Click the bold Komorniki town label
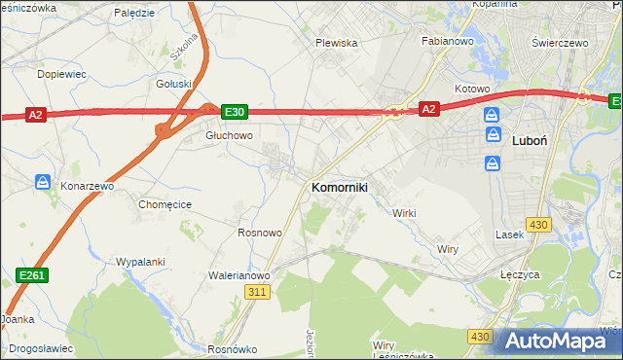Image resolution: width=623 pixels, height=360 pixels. point(339,187)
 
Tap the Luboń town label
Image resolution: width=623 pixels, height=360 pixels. point(529,140)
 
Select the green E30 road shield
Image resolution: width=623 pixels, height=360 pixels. point(234,112)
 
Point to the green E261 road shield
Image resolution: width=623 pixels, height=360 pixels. point(32,276)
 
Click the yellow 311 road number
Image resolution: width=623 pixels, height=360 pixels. point(257,292)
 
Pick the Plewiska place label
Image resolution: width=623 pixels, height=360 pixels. point(337,43)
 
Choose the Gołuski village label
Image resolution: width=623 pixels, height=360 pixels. point(173,84)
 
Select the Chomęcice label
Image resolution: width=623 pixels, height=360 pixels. point(165,204)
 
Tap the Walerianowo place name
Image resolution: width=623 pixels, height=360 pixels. point(238,275)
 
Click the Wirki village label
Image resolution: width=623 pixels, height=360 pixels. point(403,212)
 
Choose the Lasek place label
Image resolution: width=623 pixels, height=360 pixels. point(510,234)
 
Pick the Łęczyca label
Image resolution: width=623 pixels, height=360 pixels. point(520,275)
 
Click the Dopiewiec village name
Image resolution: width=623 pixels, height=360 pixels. point(61,74)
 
